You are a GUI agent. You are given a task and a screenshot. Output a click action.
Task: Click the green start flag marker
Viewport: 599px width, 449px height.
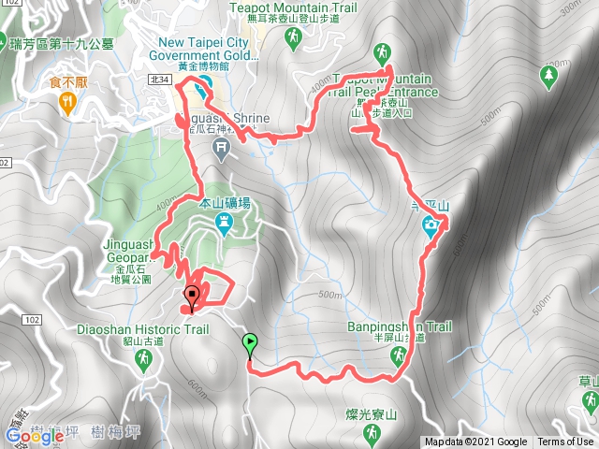pyautogui.click(x=250, y=342)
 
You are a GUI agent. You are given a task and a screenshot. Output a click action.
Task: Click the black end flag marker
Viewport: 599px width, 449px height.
pyautogui.click(x=193, y=297)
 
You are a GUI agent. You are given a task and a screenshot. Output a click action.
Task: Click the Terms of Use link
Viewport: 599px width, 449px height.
pyautogui.click(x=564, y=442)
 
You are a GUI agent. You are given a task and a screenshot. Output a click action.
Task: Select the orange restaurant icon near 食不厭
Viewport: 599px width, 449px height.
pyautogui.click(x=67, y=104)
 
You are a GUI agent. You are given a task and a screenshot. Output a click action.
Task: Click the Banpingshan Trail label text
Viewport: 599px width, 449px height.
pyautogui.click(x=400, y=327)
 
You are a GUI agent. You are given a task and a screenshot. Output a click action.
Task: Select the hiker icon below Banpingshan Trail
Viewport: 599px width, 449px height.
pyautogui.click(x=398, y=354)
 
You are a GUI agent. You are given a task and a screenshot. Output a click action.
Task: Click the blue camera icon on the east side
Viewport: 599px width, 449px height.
pyautogui.click(x=430, y=224)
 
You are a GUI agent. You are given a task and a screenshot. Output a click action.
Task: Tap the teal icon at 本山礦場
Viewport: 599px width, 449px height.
pyautogui.click(x=224, y=223)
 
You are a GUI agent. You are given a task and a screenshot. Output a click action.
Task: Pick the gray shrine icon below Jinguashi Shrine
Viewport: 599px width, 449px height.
pyautogui.click(x=221, y=147)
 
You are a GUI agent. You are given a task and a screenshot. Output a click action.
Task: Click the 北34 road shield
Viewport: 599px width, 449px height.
pyautogui.click(x=159, y=81)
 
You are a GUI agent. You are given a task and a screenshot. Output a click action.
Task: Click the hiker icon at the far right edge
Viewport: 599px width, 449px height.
pyautogui.click(x=588, y=402)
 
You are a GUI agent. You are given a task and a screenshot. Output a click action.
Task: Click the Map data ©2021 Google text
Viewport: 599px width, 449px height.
pyautogui.click(x=475, y=442)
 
